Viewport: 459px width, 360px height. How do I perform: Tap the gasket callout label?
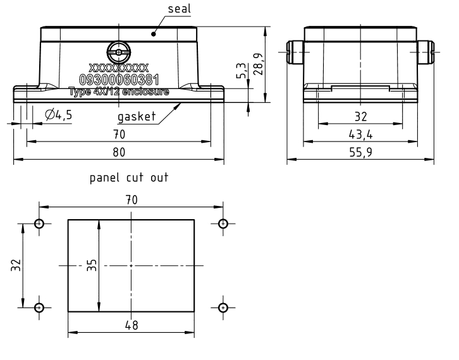point(137,117)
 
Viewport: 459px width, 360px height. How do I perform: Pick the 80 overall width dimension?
point(119,152)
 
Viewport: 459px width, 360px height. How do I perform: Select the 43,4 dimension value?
point(360,134)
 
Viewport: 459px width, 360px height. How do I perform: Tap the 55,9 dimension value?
point(360,152)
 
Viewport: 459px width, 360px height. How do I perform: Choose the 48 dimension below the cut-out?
point(132,325)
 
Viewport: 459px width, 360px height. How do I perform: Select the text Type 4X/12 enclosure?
point(119,92)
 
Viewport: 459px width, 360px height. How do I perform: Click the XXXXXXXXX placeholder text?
point(119,67)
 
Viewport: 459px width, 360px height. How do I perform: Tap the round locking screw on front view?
point(119,50)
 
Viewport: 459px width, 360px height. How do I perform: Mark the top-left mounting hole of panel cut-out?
point(39,224)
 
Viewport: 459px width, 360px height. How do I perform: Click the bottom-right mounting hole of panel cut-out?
point(223,308)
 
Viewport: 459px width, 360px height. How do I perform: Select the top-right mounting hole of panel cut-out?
point(223,224)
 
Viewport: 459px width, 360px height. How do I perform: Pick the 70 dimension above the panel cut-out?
point(132,200)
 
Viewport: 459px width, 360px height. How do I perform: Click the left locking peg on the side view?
point(295,51)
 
